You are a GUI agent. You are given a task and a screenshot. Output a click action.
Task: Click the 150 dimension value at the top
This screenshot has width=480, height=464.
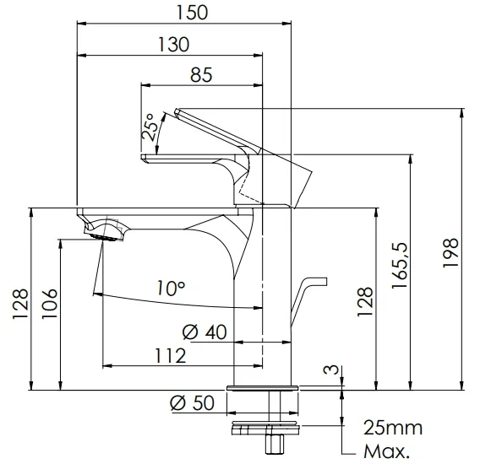pyautogui.click(x=192, y=13)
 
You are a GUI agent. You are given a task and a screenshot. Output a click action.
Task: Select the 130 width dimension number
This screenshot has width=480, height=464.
pyautogui.click(x=173, y=45)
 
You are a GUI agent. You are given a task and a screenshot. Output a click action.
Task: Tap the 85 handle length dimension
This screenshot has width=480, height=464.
pyautogui.click(x=201, y=75)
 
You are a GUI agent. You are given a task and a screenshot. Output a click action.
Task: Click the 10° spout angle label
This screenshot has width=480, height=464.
pyautogui.click(x=171, y=288)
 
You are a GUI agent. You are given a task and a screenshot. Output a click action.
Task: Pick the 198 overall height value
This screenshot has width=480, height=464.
pyautogui.click(x=451, y=252)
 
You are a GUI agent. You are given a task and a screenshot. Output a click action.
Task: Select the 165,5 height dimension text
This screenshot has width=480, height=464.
pyautogui.click(x=400, y=265)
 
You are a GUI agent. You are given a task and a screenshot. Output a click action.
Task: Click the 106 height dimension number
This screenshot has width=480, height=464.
pyautogui.click(x=50, y=304)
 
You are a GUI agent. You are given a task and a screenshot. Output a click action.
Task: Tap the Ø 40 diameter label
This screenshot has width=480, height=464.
pyautogui.click(x=205, y=332)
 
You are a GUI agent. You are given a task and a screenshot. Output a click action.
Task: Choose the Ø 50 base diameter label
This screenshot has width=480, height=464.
pyautogui.click(x=192, y=402)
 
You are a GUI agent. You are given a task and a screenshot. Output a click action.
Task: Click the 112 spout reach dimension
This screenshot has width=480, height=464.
pyautogui.click(x=171, y=356)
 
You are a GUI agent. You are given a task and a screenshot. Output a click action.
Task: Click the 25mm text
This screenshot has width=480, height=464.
pyautogui.click(x=393, y=428)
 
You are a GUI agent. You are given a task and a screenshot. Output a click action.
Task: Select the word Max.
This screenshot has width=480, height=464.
pyautogui.click(x=386, y=451)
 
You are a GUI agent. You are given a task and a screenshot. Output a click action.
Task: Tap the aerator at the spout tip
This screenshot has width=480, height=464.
pyautogui.click(x=105, y=237)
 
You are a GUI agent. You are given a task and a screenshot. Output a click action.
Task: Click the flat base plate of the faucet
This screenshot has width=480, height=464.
pyautogui.click(x=262, y=389)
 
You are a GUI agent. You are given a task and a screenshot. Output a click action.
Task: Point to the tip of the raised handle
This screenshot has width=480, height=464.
pyautogui.click(x=177, y=111)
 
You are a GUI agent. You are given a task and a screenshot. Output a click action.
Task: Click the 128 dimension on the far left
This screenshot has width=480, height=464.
pyautogui.click(x=20, y=304)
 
